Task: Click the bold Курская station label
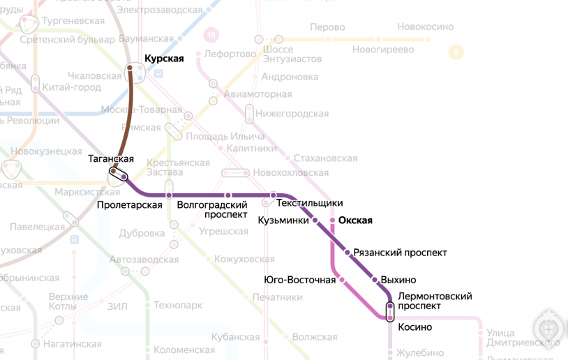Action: pos(163,59)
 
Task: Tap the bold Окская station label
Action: pos(355,220)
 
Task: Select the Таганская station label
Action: pos(111,159)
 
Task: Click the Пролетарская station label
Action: pos(130,205)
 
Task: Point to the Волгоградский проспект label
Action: pos(213,209)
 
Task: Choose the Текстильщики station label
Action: pos(310,203)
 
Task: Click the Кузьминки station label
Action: pos(283,220)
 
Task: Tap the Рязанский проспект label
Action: pos(400,253)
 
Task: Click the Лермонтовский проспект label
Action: pos(434,301)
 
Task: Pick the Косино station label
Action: pos(415,327)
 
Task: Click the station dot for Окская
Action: pos(332,220)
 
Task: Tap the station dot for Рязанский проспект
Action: pos(347,253)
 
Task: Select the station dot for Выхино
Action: pos(375,280)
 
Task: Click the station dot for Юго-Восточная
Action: pos(342,280)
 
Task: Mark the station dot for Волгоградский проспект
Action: pos(227,195)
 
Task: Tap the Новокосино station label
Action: pos(425,27)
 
